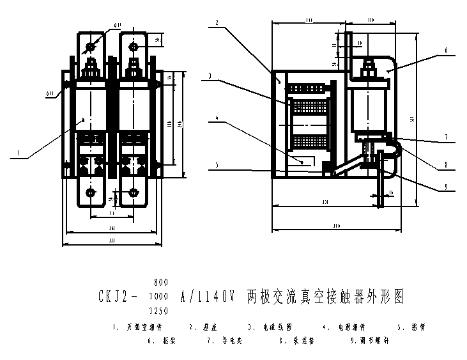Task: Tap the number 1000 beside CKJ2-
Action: (x=159, y=297)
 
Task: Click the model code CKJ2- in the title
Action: (x=118, y=297)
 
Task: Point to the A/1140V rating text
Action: (x=208, y=297)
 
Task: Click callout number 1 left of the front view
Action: (x=20, y=153)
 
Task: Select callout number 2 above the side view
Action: (x=218, y=23)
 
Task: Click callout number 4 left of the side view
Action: (x=218, y=118)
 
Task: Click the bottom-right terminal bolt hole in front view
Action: (x=134, y=192)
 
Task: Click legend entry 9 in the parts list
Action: (x=369, y=341)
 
